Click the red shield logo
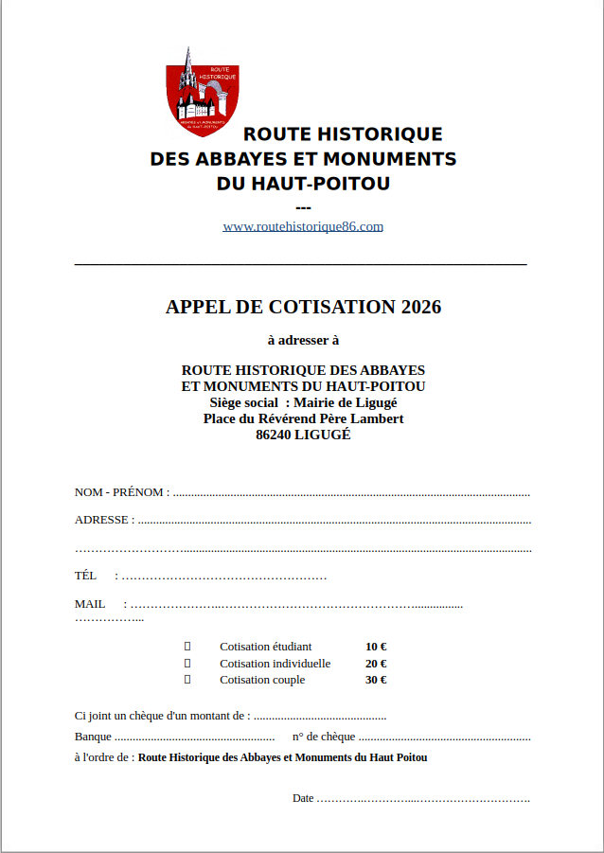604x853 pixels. click(x=203, y=96)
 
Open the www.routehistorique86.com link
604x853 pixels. click(x=303, y=226)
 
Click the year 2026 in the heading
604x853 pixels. click(x=421, y=307)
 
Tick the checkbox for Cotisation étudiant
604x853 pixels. click(x=187, y=646)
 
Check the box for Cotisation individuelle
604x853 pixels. click(x=187, y=663)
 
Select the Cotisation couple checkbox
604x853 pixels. click(x=187, y=680)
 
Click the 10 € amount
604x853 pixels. click(x=375, y=647)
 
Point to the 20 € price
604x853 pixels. click(x=375, y=664)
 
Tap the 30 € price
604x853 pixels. click(x=375, y=680)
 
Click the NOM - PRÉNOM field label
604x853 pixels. click(x=121, y=492)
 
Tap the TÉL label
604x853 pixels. click(x=85, y=576)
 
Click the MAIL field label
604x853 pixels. click(x=90, y=604)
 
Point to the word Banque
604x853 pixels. click(x=93, y=737)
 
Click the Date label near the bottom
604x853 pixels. click(x=303, y=798)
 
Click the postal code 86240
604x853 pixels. click(x=274, y=435)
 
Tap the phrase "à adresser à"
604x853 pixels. click(x=303, y=339)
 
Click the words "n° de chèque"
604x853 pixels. click(x=324, y=737)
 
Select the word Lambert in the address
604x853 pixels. click(x=377, y=418)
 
